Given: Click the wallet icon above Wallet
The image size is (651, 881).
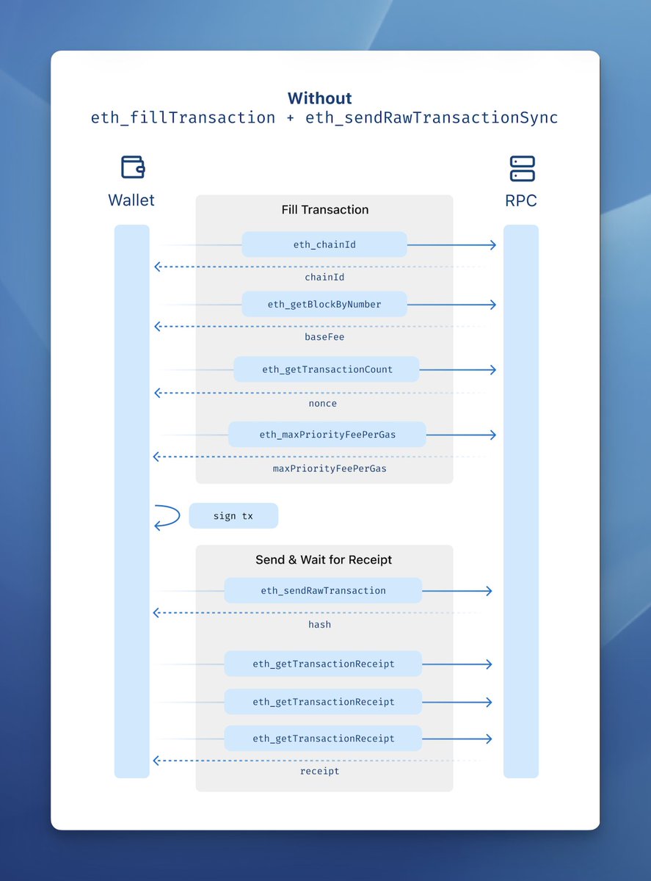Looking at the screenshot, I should (x=132, y=167).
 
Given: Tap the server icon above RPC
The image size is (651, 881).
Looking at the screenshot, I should (x=522, y=168).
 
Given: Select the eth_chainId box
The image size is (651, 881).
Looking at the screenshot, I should (x=324, y=244).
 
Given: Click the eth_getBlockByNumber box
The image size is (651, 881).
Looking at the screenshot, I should (x=324, y=304).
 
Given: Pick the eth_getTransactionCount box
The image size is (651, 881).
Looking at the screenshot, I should (x=327, y=369).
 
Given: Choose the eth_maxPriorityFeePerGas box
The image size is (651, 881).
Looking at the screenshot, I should (x=327, y=435).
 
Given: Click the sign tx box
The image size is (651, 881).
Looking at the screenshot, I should (x=233, y=516).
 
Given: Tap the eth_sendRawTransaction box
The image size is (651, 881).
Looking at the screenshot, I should (x=323, y=590).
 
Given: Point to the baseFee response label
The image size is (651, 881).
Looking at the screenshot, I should (x=324, y=337).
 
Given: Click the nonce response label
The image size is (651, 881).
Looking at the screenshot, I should (x=323, y=403).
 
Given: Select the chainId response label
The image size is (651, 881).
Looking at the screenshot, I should (x=324, y=278).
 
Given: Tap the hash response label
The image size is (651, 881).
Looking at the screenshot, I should (x=319, y=624).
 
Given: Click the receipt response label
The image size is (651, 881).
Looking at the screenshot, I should (x=320, y=771).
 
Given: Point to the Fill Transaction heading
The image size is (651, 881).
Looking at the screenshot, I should (x=324, y=210).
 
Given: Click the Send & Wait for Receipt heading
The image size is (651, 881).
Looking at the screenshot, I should (x=324, y=559).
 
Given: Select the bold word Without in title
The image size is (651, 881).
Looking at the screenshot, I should (x=319, y=98).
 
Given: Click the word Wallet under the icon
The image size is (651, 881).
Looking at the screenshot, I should (x=131, y=200).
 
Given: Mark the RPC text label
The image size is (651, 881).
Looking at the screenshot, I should (x=521, y=200).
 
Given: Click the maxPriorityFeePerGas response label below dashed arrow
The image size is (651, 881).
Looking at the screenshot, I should (x=330, y=468).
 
